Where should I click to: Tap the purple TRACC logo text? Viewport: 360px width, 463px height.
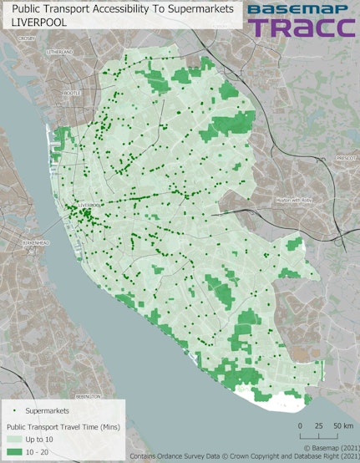(301, 28)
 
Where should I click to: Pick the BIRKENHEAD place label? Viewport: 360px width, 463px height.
(35, 243)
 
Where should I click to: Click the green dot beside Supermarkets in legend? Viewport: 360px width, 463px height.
(18, 411)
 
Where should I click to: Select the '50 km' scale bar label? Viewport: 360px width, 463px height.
(342, 426)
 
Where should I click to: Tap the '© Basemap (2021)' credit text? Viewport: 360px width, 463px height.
(328, 448)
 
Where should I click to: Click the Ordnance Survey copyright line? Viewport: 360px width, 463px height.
(244, 456)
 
